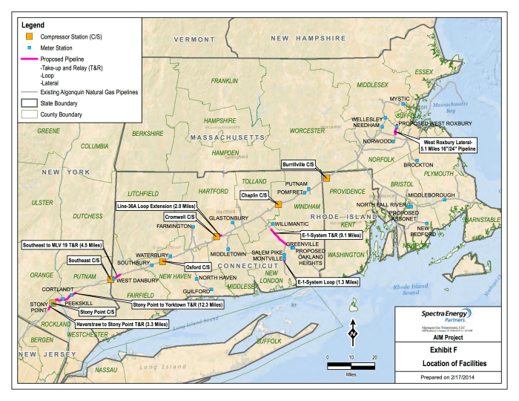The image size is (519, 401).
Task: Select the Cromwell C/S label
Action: click(180, 216)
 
